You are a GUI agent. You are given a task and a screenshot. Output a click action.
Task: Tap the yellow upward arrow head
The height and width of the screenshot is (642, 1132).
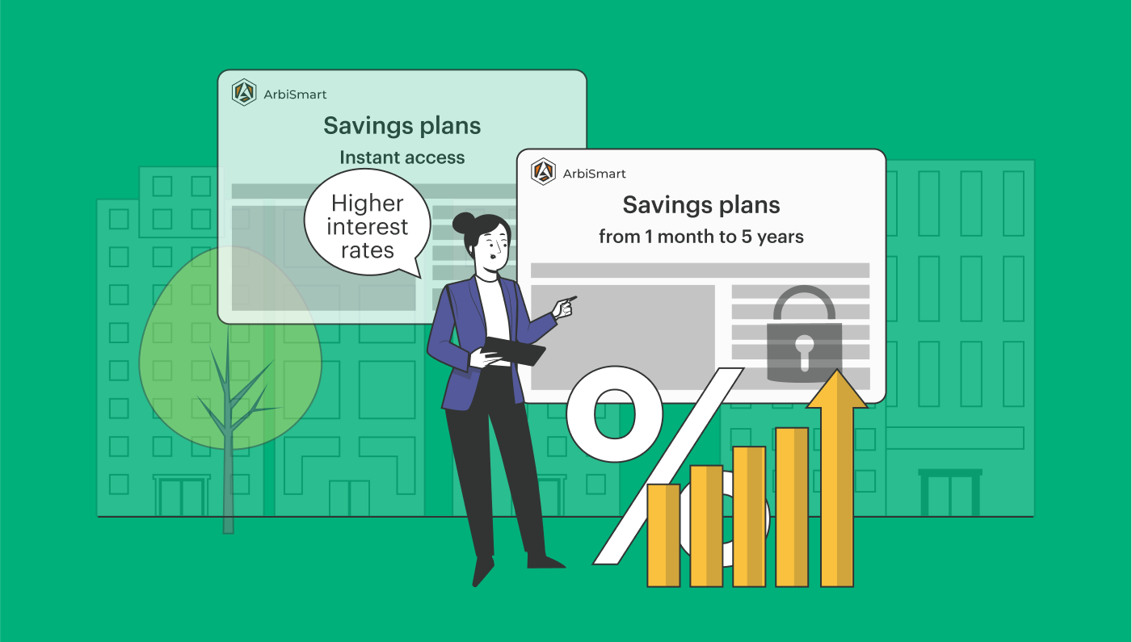[x=837, y=389]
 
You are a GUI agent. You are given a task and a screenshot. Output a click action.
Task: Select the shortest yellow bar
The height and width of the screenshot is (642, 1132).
[x=663, y=535]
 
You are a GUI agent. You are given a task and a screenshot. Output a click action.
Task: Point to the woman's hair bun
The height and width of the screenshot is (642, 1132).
[x=463, y=223]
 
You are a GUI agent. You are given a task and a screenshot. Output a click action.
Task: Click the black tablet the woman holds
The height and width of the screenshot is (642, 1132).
[x=513, y=350]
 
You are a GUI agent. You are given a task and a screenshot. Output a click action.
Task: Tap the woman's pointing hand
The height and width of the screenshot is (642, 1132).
[x=565, y=307]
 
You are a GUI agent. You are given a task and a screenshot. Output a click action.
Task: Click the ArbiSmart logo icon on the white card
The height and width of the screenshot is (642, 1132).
[x=544, y=172]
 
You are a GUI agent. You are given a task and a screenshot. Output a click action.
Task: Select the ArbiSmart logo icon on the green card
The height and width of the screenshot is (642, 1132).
[x=244, y=92]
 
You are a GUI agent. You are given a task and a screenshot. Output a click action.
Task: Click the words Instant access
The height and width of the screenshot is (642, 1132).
[x=402, y=157]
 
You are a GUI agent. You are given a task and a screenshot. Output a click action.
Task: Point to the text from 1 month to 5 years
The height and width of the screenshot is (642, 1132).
[x=701, y=237]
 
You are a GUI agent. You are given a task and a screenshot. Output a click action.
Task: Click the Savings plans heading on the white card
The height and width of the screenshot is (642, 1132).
[x=701, y=205]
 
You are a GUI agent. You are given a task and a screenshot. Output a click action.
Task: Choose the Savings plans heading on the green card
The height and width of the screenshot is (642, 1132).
[x=402, y=126]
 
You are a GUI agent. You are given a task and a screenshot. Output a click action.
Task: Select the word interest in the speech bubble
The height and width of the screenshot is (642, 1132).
[x=368, y=227]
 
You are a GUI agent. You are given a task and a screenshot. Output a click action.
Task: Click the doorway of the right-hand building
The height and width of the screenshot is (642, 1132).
[x=950, y=493]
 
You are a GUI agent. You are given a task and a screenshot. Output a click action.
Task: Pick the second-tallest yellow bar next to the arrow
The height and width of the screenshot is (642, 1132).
[x=792, y=507]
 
